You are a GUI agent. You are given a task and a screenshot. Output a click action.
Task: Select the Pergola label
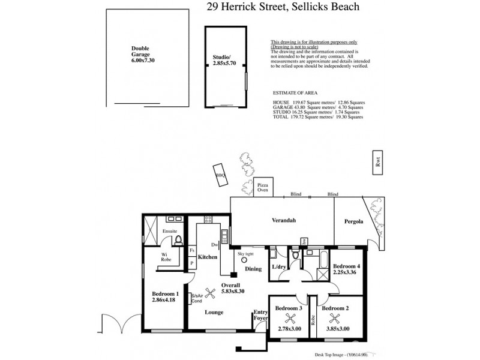pyautogui.click(x=354, y=221)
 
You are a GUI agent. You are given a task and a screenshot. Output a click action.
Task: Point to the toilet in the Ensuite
pyautogui.click(x=178, y=241)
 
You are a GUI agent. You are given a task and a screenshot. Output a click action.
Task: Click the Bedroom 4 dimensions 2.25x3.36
pyautogui.click(x=345, y=272)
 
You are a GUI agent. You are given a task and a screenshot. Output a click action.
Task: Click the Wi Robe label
pyautogui.click(x=167, y=257)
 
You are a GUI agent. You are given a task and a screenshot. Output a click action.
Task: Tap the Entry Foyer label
pyautogui.click(x=260, y=315)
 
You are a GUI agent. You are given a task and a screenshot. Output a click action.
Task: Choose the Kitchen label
pyautogui.click(x=207, y=257)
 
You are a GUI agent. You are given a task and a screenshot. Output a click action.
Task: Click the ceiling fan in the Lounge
pyautogui.click(x=210, y=293)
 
